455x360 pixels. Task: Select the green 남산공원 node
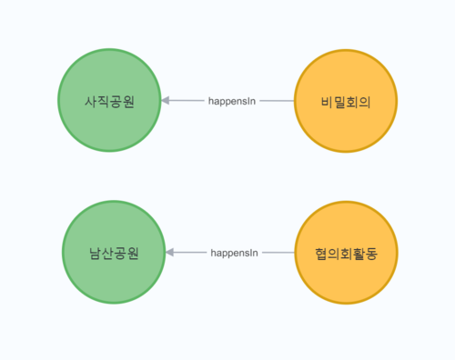click(114, 252)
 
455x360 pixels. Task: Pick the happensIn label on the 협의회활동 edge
click(234, 252)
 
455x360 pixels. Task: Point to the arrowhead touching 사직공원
click(167, 100)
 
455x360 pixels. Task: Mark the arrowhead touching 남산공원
click(171, 252)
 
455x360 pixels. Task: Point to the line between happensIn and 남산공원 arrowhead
click(191, 252)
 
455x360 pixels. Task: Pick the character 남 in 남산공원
click(96, 252)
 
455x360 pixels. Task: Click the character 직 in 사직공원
click(103, 101)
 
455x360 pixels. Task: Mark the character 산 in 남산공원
click(108, 252)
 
